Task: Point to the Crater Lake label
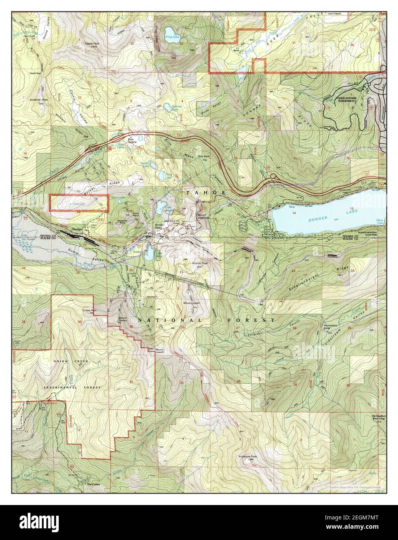point(77,204)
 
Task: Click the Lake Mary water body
point(149,254)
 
